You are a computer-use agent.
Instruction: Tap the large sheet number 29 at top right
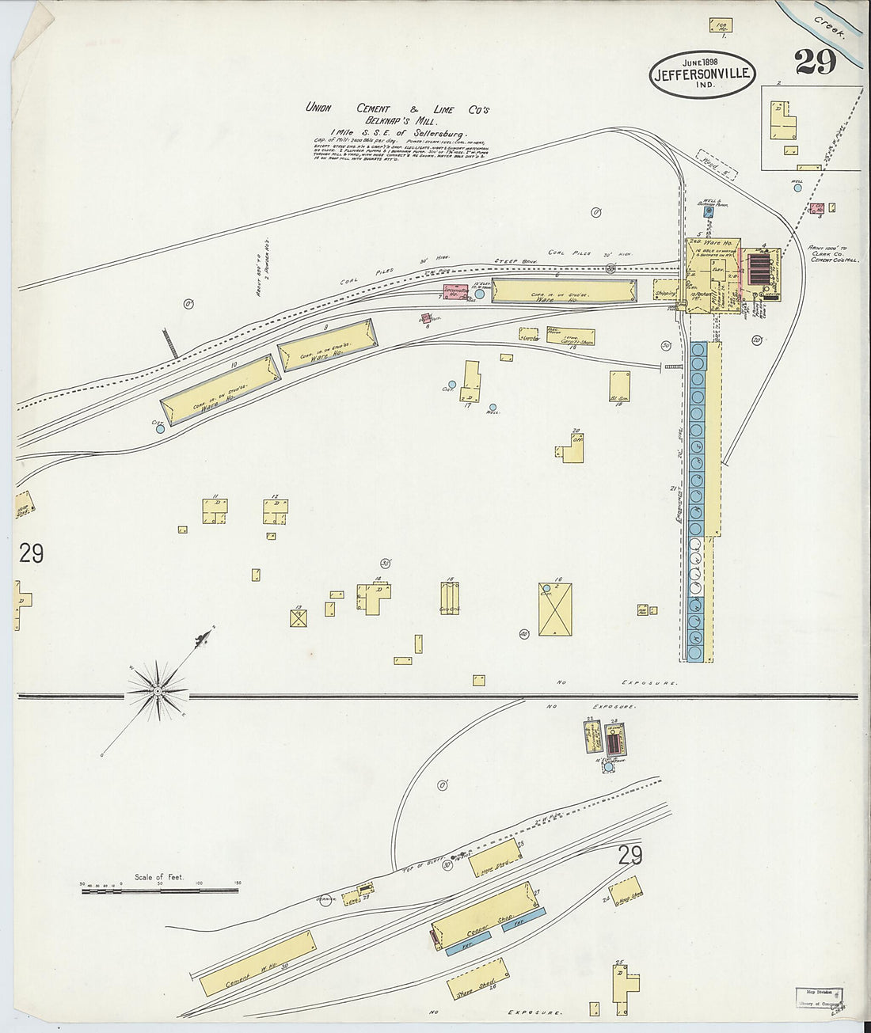point(816,63)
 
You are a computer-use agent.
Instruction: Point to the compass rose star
point(158,691)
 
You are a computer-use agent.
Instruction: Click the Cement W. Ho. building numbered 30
point(257,963)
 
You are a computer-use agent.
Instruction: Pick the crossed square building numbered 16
point(555,610)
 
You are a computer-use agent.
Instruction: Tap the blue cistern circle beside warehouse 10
point(160,430)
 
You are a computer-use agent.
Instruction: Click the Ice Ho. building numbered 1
point(721,25)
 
